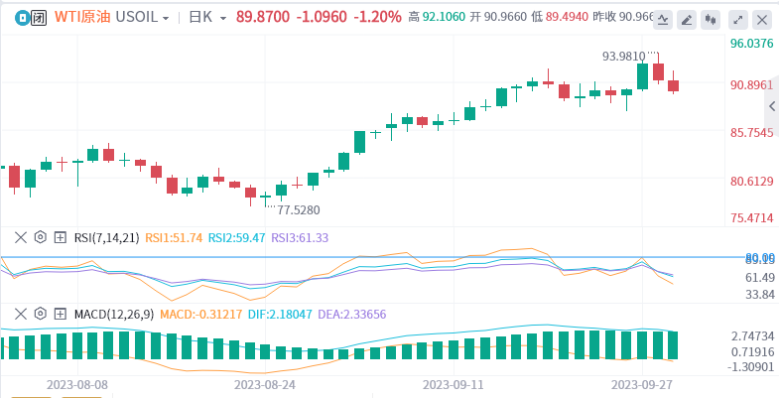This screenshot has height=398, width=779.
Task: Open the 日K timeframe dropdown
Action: coord(208,17)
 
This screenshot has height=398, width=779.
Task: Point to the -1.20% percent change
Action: coord(379,17)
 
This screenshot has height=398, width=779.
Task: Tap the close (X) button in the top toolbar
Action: coord(762,19)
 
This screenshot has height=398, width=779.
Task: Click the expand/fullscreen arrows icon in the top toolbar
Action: coord(737,19)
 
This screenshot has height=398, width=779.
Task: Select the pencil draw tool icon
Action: coord(687,19)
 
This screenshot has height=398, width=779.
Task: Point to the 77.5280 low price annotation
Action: coord(298,209)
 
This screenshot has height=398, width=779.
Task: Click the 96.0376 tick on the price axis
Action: coord(751,44)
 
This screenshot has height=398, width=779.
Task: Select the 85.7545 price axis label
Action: coord(751,132)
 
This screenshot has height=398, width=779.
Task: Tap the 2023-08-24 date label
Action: coord(264,382)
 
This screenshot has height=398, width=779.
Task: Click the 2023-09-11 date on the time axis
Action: coord(453,382)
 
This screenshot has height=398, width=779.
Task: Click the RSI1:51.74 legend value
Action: coord(174,237)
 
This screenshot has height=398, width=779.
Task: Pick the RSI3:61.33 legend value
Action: coord(300,237)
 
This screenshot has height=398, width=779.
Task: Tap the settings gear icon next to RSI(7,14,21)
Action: coord(41,237)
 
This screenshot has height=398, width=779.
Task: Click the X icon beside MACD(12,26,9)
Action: coord(20,314)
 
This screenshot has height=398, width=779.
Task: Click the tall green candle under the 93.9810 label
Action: coord(642,76)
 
